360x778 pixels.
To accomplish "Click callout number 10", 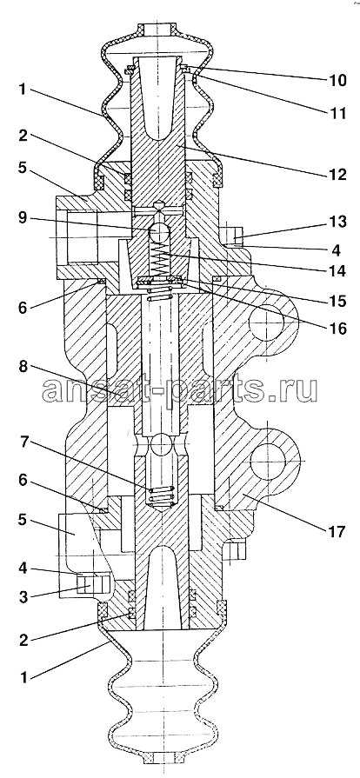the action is [336, 80].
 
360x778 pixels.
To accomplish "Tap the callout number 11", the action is [336, 113].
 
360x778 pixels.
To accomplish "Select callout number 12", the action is [336, 174].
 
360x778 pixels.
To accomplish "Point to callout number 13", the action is [336, 222].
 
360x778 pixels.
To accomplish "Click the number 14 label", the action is [336, 271].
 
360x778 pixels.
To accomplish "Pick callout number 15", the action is [336, 301].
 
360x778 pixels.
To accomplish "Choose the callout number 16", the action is [336, 328].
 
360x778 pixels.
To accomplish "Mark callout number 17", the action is [336, 532].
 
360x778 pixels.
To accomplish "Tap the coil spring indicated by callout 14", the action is [159, 263].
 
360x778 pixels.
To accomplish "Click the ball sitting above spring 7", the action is [161, 444].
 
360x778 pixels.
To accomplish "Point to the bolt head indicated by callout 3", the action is [95, 582].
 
